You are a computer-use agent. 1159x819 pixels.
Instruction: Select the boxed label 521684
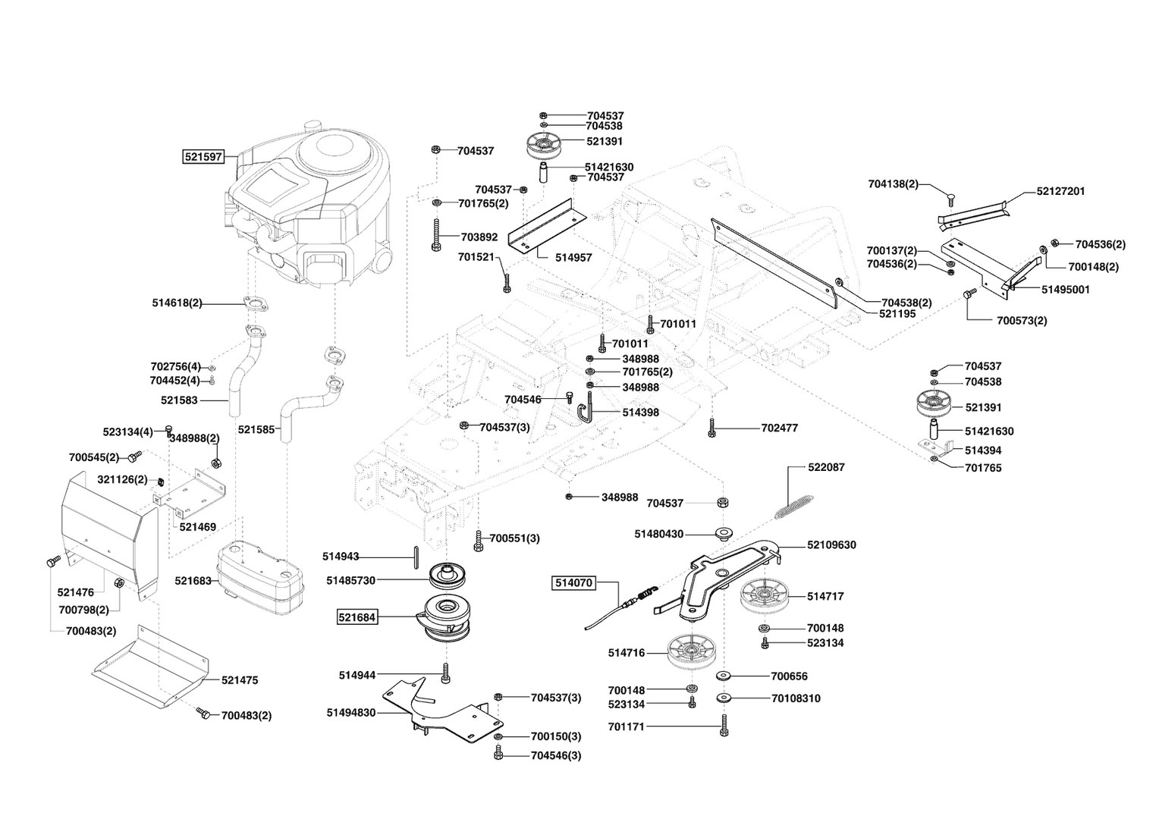click(x=357, y=618)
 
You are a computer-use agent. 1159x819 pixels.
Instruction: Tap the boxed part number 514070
click(x=573, y=582)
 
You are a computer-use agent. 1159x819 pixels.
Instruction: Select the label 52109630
click(x=831, y=545)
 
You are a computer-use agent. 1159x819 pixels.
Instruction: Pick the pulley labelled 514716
click(x=693, y=652)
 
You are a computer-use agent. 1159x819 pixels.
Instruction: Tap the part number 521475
click(x=240, y=680)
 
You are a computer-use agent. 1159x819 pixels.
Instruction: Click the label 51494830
click(x=351, y=713)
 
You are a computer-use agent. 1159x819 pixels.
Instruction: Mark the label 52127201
click(x=1060, y=191)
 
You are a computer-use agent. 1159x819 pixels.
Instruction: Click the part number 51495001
click(x=1066, y=290)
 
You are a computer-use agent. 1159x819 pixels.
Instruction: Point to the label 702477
click(x=780, y=428)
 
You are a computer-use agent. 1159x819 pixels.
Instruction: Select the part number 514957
click(x=573, y=257)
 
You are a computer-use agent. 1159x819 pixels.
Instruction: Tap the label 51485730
click(x=351, y=580)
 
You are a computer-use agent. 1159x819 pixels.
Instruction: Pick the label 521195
click(x=897, y=313)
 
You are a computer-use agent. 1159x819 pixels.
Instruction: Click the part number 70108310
click(x=796, y=698)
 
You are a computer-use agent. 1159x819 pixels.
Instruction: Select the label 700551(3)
click(x=514, y=538)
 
